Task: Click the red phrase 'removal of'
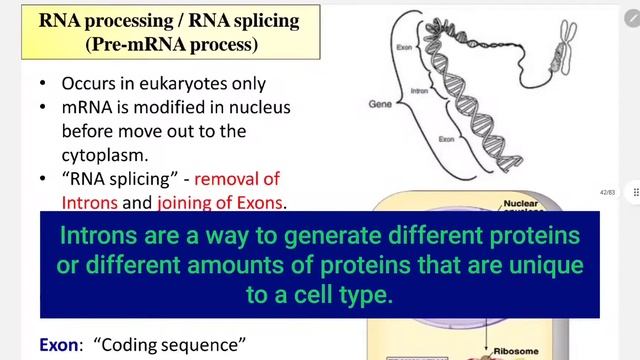[237, 179]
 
